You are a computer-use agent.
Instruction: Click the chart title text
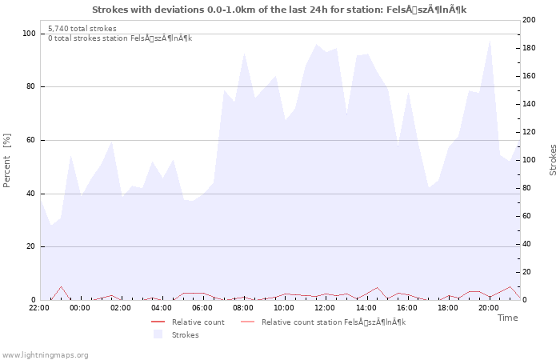point(279,10)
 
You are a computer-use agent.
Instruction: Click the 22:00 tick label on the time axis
point(39,307)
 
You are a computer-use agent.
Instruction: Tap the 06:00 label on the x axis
point(202,307)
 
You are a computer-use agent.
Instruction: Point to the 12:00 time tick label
point(325,307)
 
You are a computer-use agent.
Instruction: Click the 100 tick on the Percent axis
point(29,34)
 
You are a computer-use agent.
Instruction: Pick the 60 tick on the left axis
point(31,140)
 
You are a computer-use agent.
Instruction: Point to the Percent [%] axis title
point(8,161)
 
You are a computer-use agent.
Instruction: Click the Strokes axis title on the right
point(553,160)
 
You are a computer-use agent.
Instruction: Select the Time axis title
point(507,318)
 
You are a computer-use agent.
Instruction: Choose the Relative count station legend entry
point(333,322)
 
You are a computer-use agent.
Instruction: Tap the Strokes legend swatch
point(158,334)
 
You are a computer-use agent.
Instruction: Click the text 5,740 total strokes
point(82,28)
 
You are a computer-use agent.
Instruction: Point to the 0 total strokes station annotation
point(120,38)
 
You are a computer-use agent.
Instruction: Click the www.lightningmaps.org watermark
point(45,354)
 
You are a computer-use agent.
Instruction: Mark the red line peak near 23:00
point(61,286)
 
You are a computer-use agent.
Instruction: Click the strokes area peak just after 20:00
point(490,40)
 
